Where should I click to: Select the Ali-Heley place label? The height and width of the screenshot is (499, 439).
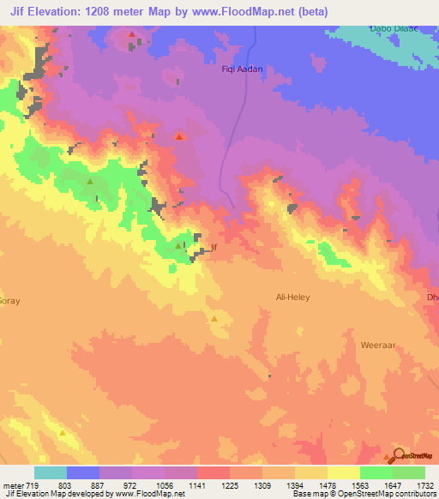(x=292, y=297)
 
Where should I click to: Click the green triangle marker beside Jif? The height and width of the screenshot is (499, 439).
(x=178, y=246)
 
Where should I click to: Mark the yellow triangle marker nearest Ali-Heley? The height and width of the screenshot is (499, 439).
(x=214, y=318)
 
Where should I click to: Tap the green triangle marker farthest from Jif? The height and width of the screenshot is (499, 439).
(x=90, y=182)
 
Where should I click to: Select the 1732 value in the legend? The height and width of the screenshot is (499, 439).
(x=424, y=486)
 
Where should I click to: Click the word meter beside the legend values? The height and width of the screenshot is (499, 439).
(x=13, y=486)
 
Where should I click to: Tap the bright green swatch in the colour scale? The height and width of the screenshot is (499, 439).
(x=376, y=472)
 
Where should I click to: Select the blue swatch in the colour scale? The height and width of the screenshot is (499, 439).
(x=82, y=472)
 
